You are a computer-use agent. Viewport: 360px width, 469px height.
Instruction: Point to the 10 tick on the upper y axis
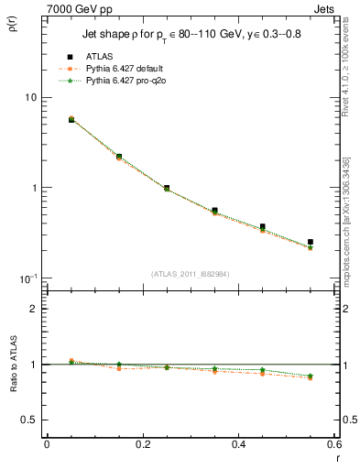click(29, 98)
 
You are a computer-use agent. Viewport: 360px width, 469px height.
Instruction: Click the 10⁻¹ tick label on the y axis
click(27, 278)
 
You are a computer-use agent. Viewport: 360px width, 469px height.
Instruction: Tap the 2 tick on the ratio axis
click(32, 309)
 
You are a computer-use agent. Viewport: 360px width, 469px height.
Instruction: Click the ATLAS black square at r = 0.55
click(311, 242)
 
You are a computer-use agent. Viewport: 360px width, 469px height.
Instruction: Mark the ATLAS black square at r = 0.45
click(263, 226)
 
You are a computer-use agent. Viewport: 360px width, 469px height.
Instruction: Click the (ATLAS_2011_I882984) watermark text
click(191, 274)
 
